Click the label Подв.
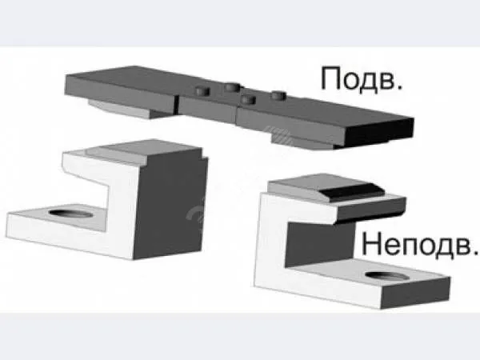pos(362,80)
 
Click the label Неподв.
pos(419,245)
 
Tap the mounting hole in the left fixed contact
pos(70,214)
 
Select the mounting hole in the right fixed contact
pos(387,276)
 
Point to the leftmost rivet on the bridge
pos(202,91)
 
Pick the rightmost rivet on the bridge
pos(278,95)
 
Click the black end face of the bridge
pos(379,132)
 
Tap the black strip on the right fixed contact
pos(351,191)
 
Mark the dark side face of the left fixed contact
pos(170,207)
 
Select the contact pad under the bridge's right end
pos(303,143)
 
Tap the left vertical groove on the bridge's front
pos(177,103)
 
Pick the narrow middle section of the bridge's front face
pos(207,110)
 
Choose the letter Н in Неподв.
pos(372,244)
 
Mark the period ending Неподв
pos(474,252)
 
